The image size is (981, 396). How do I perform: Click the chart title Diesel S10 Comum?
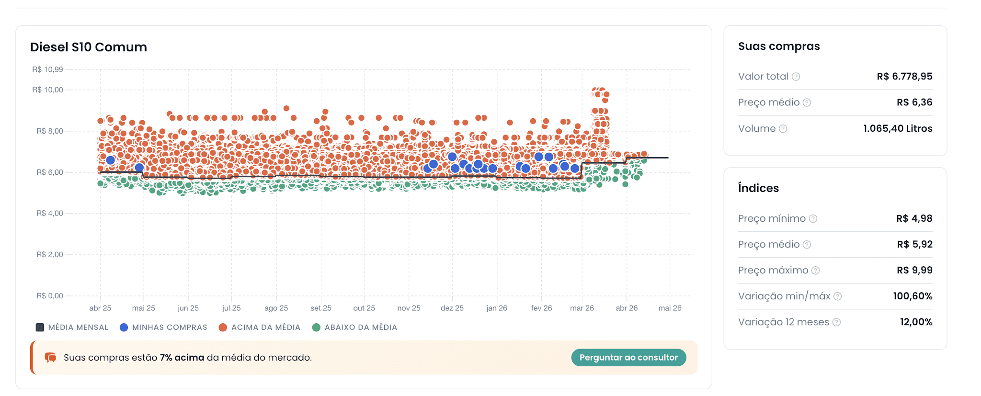88,47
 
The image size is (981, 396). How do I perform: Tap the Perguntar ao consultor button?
628,357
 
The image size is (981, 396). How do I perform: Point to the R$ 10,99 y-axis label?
47,69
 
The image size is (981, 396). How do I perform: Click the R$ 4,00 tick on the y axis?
50,213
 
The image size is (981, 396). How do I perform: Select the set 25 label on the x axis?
320,308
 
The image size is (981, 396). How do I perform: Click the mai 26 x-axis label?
670,308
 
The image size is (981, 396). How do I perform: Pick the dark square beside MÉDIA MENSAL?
40,327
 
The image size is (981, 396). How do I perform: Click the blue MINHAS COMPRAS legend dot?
124,327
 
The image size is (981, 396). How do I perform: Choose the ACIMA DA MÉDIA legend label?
266,327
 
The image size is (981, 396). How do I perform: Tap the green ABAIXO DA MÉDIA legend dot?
316,327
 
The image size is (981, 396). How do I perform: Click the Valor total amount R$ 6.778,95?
904,76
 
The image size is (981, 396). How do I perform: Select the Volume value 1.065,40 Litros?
898,128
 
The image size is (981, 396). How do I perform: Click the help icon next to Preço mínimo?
813,218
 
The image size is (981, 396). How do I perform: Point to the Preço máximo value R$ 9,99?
914,270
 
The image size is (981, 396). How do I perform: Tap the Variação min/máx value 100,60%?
913,296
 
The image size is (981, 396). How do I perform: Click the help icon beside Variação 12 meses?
836,322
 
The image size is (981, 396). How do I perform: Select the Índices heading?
758,188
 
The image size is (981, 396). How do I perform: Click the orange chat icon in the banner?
50,358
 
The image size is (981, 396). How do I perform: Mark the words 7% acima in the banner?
182,358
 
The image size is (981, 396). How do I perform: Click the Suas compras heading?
779,46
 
